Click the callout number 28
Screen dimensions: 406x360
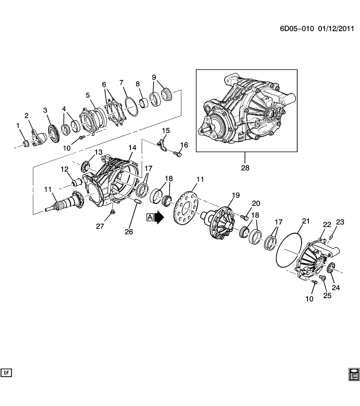pyautogui.click(x=245, y=167)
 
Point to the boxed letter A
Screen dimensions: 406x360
pyautogui.click(x=150, y=217)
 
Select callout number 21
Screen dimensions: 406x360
pyautogui.click(x=305, y=221)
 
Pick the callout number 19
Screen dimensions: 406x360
pyautogui.click(x=235, y=195)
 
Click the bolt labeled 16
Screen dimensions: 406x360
pyautogui.click(x=178, y=155)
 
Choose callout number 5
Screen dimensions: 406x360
pyautogui.click(x=88, y=95)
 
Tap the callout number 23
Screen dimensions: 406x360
pyautogui.click(x=341, y=222)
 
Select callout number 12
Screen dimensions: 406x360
pyautogui.click(x=64, y=169)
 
